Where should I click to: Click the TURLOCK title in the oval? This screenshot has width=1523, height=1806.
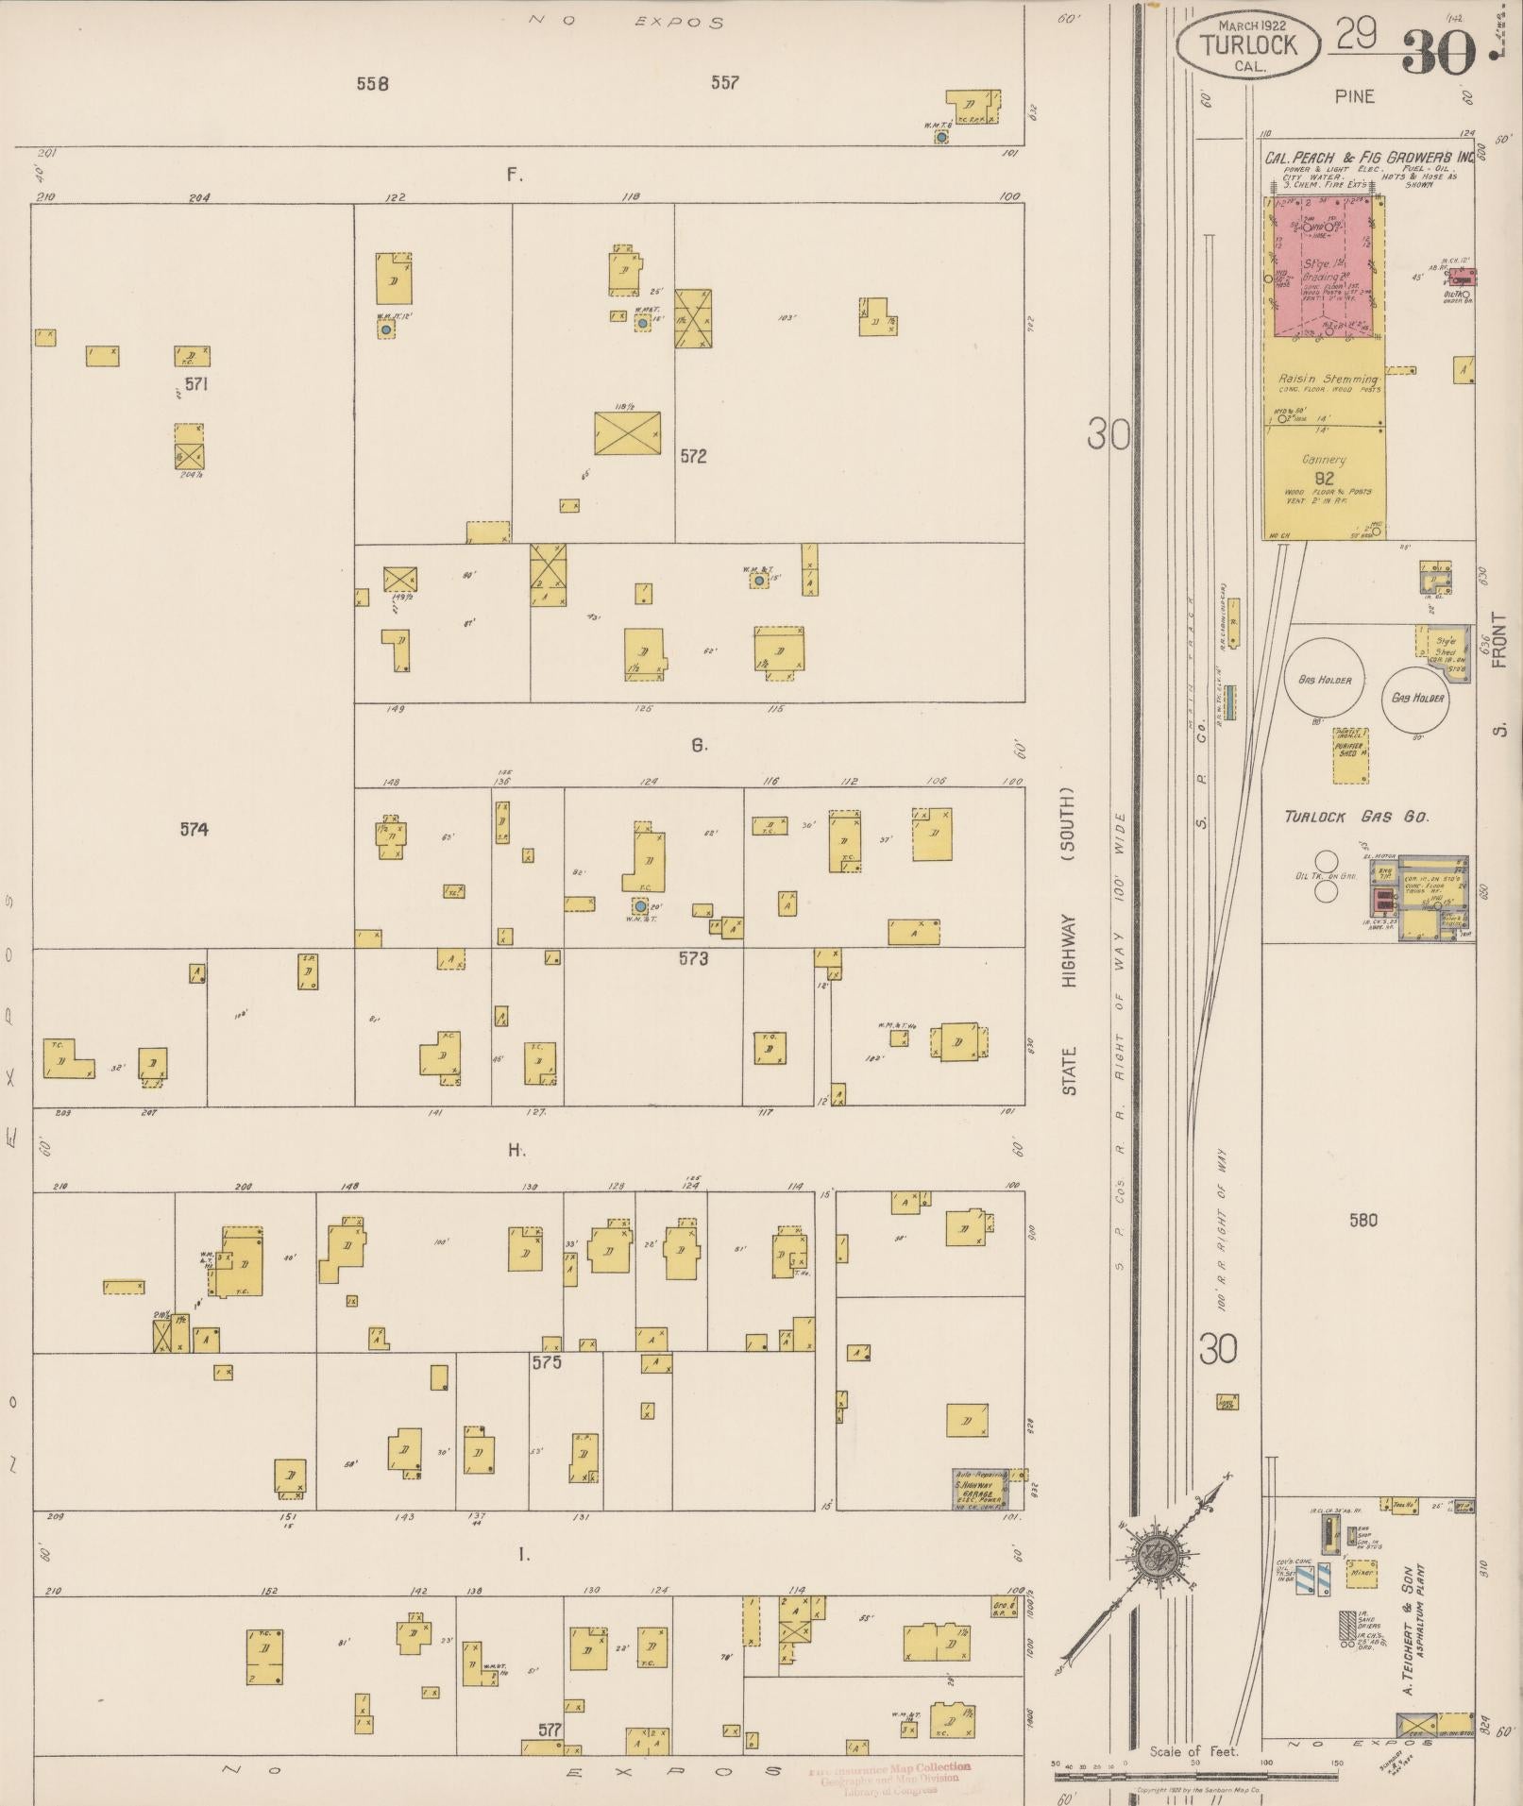pos(1247,44)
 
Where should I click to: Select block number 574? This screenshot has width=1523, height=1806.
pos(194,830)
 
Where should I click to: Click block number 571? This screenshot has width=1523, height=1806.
pos(195,384)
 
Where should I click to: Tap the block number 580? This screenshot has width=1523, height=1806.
pos(1362,1221)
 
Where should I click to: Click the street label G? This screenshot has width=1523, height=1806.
pos(699,746)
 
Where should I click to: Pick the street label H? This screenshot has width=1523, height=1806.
pos(516,1150)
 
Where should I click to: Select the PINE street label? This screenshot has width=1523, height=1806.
pos(1354,96)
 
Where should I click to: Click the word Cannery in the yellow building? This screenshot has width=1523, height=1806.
pos(1324,460)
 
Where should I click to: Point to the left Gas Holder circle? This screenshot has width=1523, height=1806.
pos(1324,680)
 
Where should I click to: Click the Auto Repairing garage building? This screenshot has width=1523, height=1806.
pos(979,1489)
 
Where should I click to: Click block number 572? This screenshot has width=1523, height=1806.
pos(693,456)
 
